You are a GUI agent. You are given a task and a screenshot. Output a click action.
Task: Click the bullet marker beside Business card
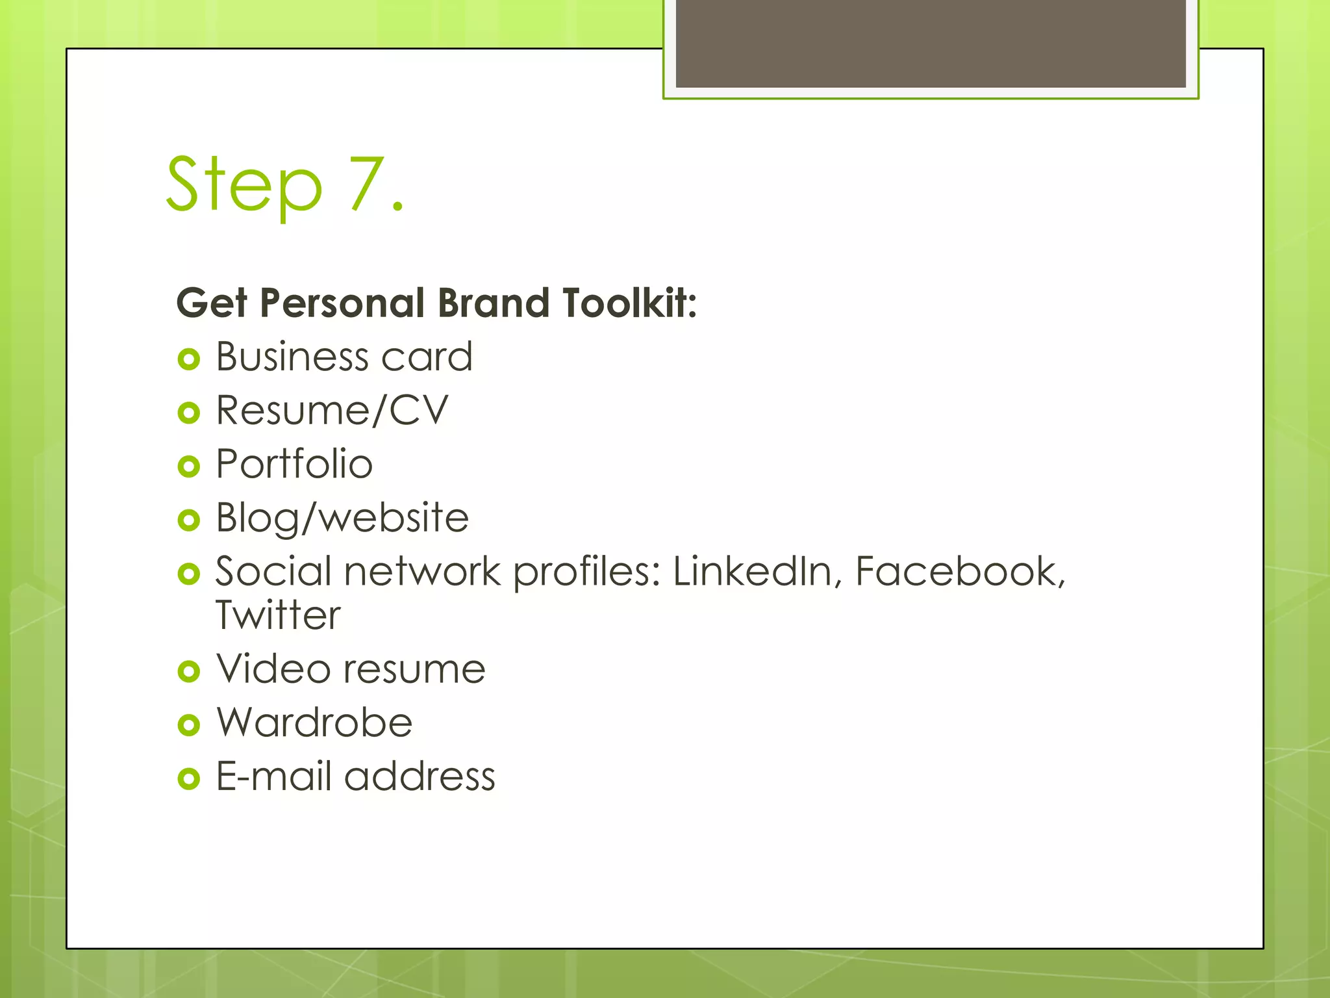point(188,359)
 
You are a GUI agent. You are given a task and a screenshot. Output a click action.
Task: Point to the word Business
point(293,357)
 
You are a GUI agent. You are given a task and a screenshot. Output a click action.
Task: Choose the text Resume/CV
point(332,411)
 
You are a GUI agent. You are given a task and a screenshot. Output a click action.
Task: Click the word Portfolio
point(294,464)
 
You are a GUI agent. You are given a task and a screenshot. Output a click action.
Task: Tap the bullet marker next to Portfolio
point(188,466)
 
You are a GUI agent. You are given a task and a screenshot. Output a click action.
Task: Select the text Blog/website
point(342,518)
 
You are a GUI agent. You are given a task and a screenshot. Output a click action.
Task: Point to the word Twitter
point(278,615)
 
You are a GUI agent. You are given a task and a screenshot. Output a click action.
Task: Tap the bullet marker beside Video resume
point(188,671)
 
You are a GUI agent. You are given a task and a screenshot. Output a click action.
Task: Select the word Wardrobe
point(314,723)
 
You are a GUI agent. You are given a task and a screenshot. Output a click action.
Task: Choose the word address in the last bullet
point(420,776)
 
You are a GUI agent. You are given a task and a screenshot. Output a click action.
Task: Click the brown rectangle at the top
point(931,43)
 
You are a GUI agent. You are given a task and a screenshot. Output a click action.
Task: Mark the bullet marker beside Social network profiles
point(188,574)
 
